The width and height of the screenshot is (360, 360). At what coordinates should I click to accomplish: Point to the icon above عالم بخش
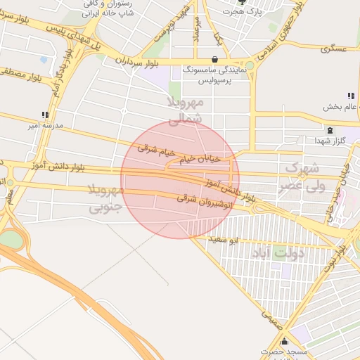tap(349, 96)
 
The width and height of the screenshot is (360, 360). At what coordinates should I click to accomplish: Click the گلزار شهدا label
tap(328, 143)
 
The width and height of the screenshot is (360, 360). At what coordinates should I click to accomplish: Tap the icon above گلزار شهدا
tap(330, 130)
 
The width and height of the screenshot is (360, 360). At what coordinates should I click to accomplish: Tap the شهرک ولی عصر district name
tap(302, 176)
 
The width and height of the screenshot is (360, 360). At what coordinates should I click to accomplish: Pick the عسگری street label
tap(333, 49)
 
